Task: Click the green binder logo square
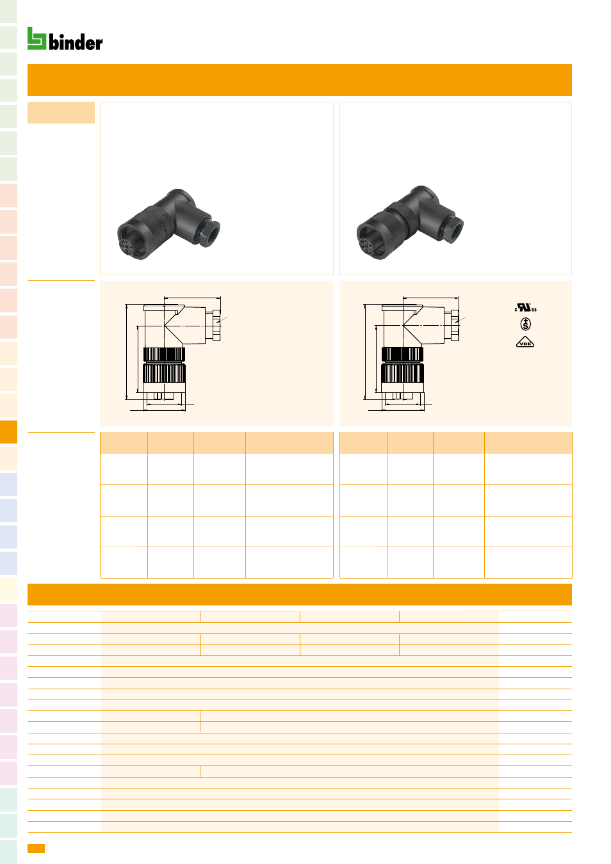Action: point(37,38)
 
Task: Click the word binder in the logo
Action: point(76,42)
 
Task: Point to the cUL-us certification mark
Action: point(525,307)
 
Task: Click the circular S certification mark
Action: point(525,324)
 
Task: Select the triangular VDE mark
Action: point(525,342)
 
